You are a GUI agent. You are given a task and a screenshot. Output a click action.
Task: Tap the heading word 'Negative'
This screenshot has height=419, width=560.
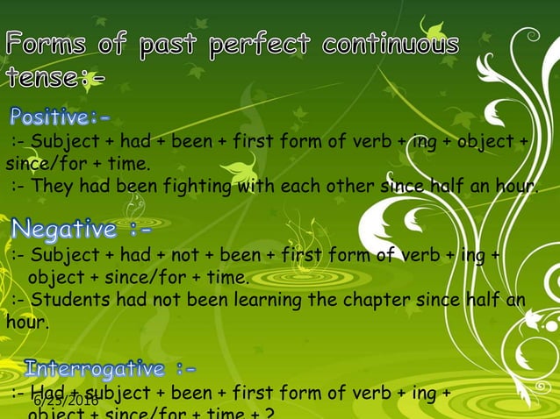click(63, 231)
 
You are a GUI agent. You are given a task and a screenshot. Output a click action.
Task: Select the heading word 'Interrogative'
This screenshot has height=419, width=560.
click(95, 367)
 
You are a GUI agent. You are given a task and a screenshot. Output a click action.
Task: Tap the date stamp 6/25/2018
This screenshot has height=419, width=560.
click(66, 401)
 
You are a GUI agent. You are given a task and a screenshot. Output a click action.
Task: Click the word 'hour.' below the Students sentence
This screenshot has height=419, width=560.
click(27, 322)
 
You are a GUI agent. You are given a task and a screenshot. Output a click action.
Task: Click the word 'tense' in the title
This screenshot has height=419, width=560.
click(43, 79)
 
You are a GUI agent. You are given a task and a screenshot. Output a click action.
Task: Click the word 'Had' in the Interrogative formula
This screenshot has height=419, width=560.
click(40, 392)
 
